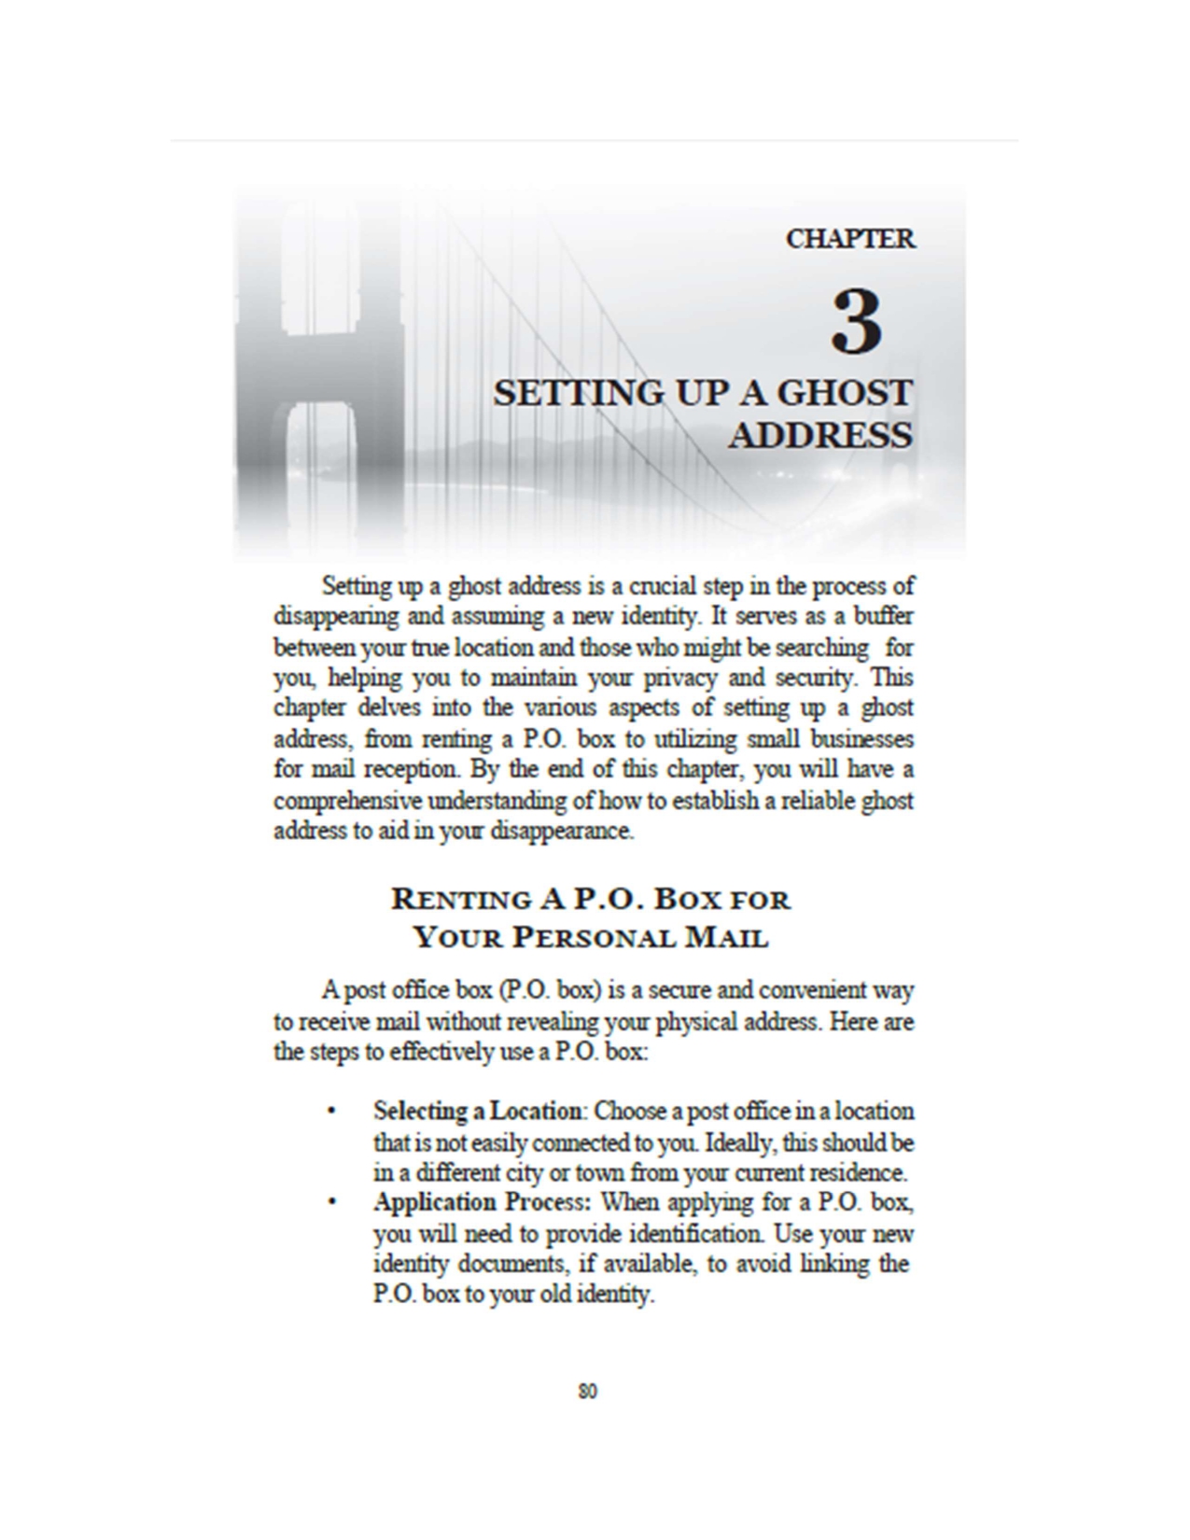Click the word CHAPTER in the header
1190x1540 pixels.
point(849,239)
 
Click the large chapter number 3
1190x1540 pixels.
point(855,322)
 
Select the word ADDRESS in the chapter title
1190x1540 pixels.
point(819,436)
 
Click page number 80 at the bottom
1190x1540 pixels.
point(587,1392)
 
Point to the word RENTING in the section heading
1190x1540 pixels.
point(461,900)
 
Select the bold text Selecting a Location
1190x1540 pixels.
point(477,1112)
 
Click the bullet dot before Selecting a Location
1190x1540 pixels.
point(330,1111)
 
